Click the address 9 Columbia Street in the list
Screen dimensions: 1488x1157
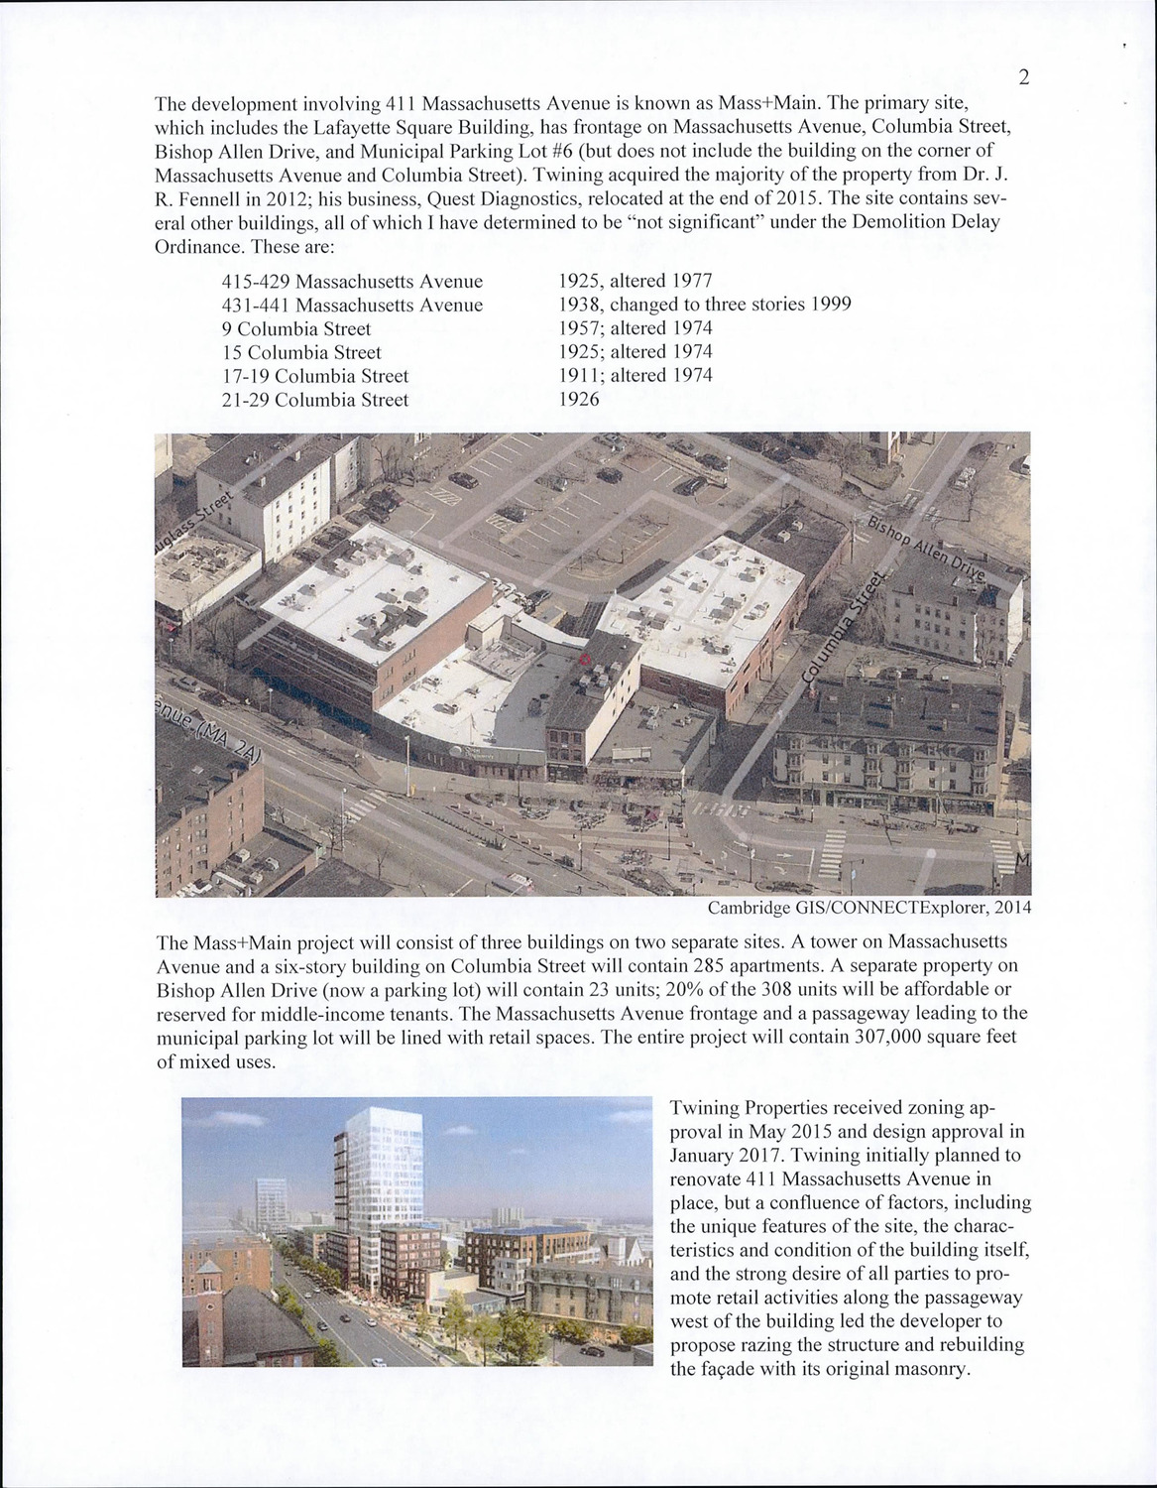coord(296,328)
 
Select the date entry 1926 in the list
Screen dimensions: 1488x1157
coord(579,400)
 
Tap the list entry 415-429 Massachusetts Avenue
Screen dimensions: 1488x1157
coord(352,282)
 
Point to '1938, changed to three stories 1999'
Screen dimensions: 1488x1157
coord(705,305)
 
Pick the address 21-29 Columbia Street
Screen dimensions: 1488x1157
coord(315,400)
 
